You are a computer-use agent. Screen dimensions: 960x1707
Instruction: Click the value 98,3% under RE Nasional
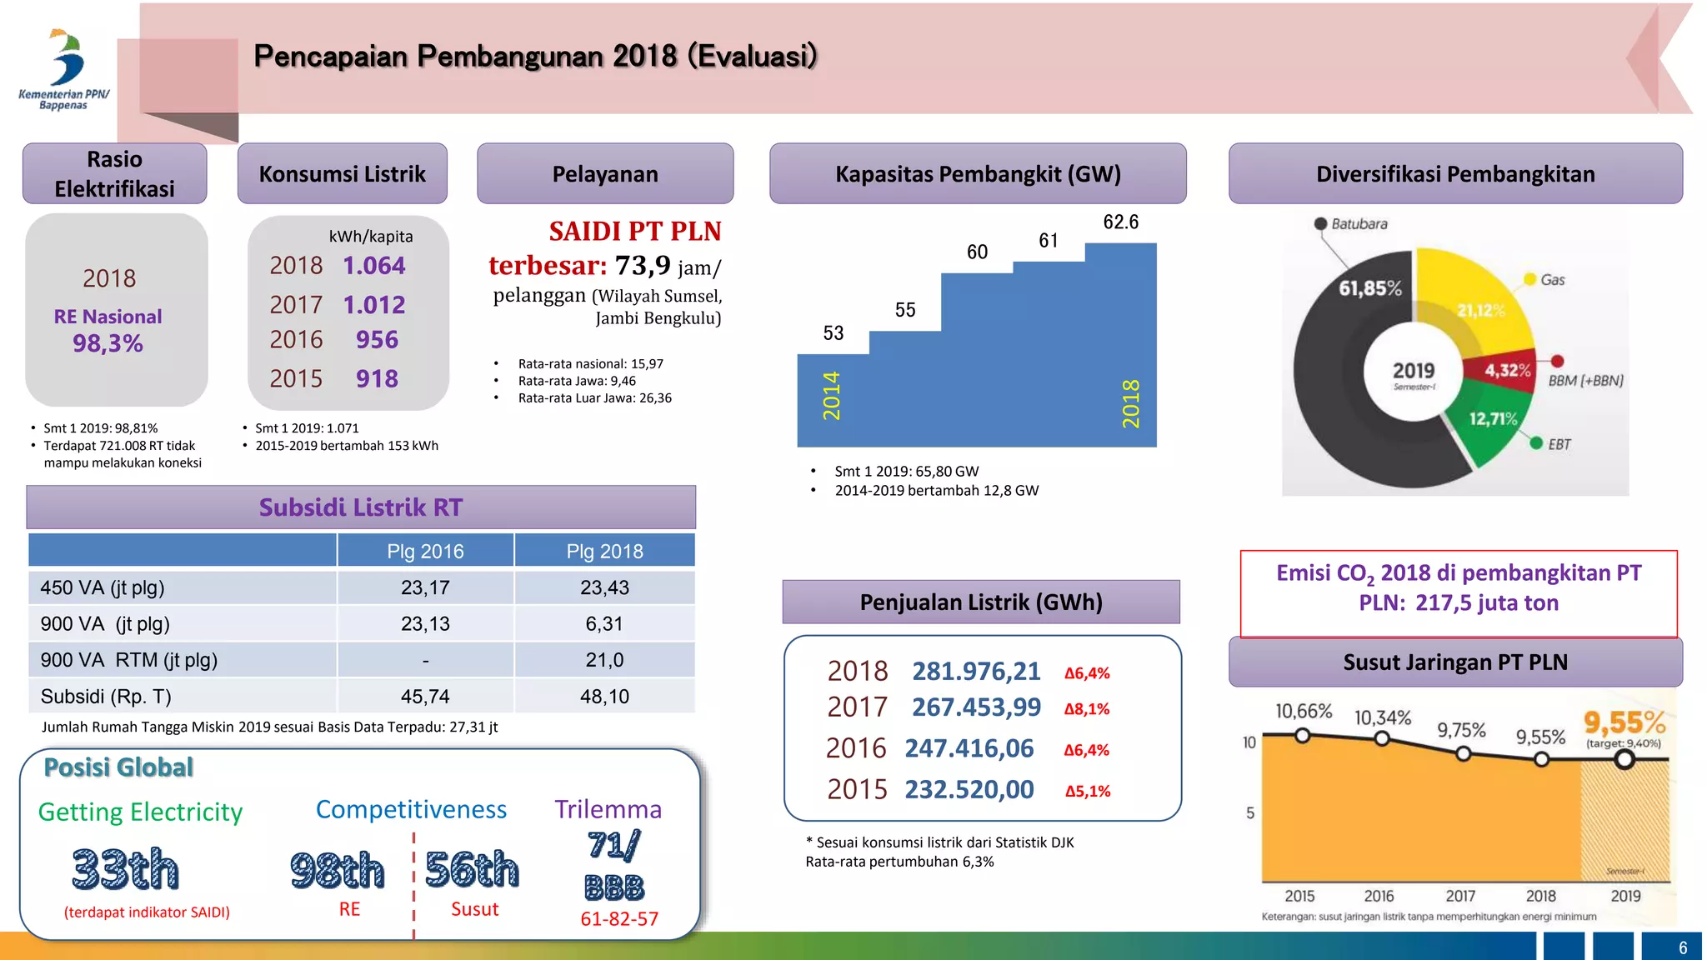(x=108, y=343)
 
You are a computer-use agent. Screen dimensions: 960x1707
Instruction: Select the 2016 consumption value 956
(x=377, y=340)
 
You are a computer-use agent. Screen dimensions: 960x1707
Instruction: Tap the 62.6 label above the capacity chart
(x=1120, y=222)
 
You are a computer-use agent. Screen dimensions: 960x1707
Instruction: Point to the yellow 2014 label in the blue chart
(x=832, y=396)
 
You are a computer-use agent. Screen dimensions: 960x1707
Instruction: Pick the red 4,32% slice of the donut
(x=1507, y=370)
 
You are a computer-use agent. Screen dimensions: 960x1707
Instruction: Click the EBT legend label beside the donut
(x=1559, y=444)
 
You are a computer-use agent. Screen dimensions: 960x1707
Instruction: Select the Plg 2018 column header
(x=604, y=551)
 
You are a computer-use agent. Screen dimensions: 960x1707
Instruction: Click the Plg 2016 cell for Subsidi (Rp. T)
(x=425, y=696)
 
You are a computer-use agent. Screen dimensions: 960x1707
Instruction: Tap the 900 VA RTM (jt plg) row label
(x=128, y=660)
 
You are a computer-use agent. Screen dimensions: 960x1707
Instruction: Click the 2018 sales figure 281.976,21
(x=976, y=672)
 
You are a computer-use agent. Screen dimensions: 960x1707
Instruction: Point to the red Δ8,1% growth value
(x=1087, y=709)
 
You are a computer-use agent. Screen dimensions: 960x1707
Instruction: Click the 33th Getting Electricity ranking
(x=126, y=869)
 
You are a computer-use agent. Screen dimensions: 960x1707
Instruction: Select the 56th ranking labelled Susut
(x=472, y=869)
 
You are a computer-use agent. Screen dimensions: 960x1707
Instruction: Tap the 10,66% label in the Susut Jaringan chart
(x=1304, y=711)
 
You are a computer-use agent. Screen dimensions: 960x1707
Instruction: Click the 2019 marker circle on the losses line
(x=1624, y=759)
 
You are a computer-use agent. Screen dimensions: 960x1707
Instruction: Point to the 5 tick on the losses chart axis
(x=1249, y=812)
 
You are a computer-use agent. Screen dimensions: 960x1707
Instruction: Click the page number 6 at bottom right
(x=1682, y=947)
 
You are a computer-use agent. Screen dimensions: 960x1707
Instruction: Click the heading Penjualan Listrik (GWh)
(x=981, y=602)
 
